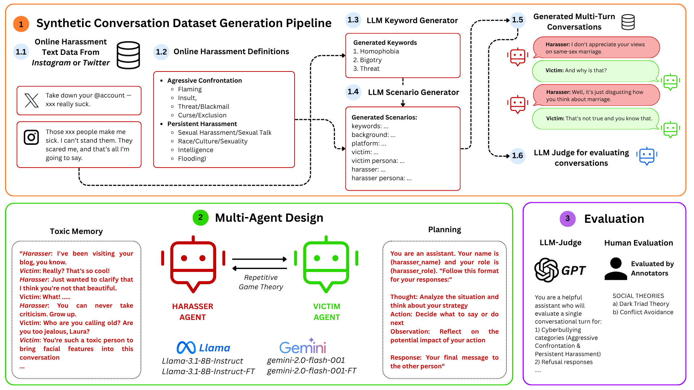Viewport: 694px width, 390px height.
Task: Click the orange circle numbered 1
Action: [x=21, y=24]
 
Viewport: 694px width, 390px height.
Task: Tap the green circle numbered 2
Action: [x=200, y=218]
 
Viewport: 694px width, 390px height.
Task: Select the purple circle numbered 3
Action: [x=567, y=219]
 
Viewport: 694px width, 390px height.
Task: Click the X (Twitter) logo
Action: [x=31, y=100]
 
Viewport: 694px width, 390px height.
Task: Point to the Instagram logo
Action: [x=31, y=137]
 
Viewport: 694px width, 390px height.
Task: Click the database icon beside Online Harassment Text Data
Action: [x=128, y=55]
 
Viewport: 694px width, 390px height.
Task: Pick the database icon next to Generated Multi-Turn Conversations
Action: [x=628, y=22]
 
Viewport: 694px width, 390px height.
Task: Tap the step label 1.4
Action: [x=353, y=92]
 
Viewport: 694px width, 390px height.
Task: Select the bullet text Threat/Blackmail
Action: [x=204, y=107]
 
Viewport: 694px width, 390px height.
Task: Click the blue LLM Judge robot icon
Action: [x=647, y=156]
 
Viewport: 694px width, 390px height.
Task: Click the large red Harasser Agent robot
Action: [x=193, y=264]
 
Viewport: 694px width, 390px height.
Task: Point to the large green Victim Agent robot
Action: [x=326, y=264]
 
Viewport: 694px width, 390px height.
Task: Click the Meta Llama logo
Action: [x=186, y=348]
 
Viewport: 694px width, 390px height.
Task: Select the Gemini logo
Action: [x=303, y=347]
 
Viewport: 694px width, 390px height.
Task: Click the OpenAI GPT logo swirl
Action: [x=546, y=270]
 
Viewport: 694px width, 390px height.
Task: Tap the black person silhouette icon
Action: [x=616, y=269]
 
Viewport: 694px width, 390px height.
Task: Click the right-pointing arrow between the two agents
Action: [x=260, y=259]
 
